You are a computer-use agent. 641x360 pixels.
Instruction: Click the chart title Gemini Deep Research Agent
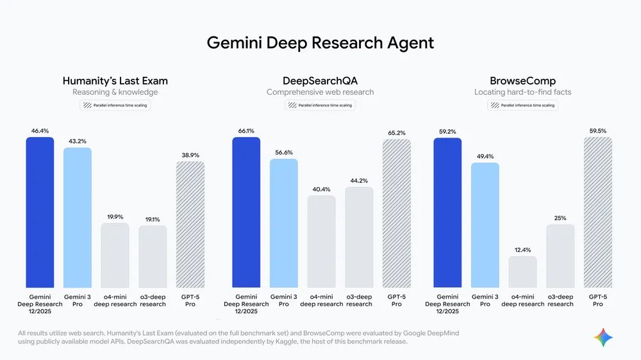320,43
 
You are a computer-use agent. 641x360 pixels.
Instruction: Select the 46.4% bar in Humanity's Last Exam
40,211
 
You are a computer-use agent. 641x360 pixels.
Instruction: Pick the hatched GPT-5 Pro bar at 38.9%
190,224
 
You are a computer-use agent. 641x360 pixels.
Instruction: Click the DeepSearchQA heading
320,81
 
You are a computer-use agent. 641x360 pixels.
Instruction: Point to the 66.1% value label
246,131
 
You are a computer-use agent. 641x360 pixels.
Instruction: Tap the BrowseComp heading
522,81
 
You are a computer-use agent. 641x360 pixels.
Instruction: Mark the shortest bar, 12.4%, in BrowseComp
522,272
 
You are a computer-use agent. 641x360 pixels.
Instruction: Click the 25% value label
560,218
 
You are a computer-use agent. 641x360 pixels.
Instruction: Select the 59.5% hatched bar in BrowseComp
598,211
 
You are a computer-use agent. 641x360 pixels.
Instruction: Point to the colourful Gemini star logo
603,338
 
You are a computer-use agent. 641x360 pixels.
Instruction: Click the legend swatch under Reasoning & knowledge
86,105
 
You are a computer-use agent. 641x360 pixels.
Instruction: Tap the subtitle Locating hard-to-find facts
522,92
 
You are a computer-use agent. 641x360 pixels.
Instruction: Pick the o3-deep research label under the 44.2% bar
359,300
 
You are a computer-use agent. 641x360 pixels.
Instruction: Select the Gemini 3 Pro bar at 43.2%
77,218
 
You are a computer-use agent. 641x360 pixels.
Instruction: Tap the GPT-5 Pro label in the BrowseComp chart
598,300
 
